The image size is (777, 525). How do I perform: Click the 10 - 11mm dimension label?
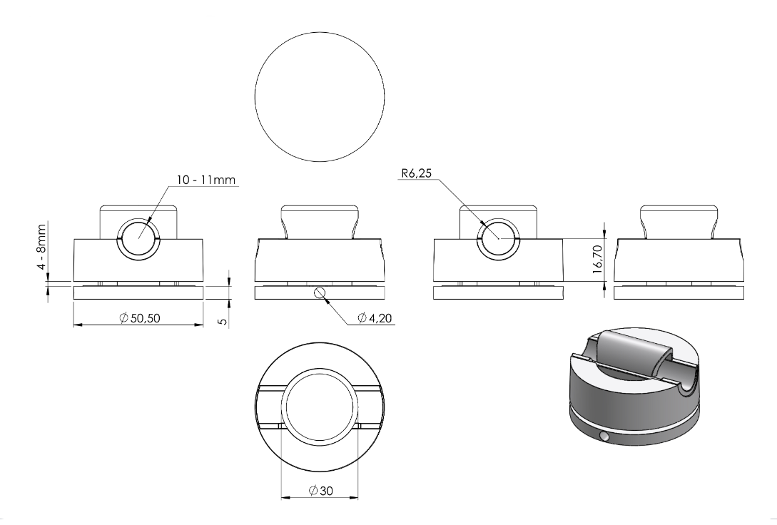[x=206, y=180]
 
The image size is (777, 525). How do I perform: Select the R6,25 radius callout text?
[x=417, y=173]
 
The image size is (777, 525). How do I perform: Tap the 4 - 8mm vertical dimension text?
[x=41, y=247]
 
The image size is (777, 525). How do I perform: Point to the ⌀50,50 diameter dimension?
[x=140, y=318]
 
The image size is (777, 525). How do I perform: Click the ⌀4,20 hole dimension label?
[x=375, y=318]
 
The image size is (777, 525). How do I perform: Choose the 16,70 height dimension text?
[x=597, y=259]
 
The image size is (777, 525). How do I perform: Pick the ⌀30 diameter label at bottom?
[x=320, y=491]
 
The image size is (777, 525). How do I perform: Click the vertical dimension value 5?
[x=223, y=322]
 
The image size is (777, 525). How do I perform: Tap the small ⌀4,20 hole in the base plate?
[x=320, y=292]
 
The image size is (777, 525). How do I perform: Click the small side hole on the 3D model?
[x=604, y=437]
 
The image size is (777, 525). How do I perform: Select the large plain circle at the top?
[x=320, y=97]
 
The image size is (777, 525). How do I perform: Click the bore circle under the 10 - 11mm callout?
[x=138, y=238]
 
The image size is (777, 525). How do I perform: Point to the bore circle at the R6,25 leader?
[x=499, y=238]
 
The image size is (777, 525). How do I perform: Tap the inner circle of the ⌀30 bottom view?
[x=320, y=407]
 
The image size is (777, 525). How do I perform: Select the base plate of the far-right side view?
[x=679, y=292]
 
